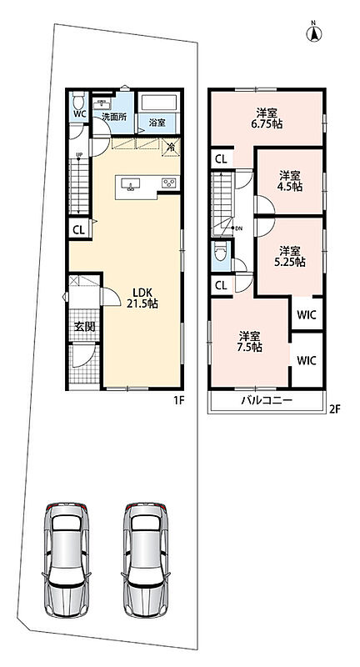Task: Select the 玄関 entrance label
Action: click(84, 327)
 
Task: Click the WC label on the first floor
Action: click(78, 114)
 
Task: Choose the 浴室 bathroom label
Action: click(157, 123)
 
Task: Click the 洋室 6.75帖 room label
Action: click(267, 118)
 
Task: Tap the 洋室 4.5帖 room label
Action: click(291, 180)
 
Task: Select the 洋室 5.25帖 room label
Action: click(290, 256)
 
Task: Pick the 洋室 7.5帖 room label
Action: click(250, 342)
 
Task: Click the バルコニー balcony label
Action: click(266, 401)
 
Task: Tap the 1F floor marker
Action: click(177, 401)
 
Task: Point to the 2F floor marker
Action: click(335, 409)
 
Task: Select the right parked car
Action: click(146, 559)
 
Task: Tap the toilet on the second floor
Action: click(220, 253)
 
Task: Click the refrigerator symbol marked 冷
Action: click(172, 148)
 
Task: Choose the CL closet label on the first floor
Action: click(79, 230)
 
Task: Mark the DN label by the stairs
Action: click(238, 228)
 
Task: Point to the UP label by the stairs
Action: click(79, 154)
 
